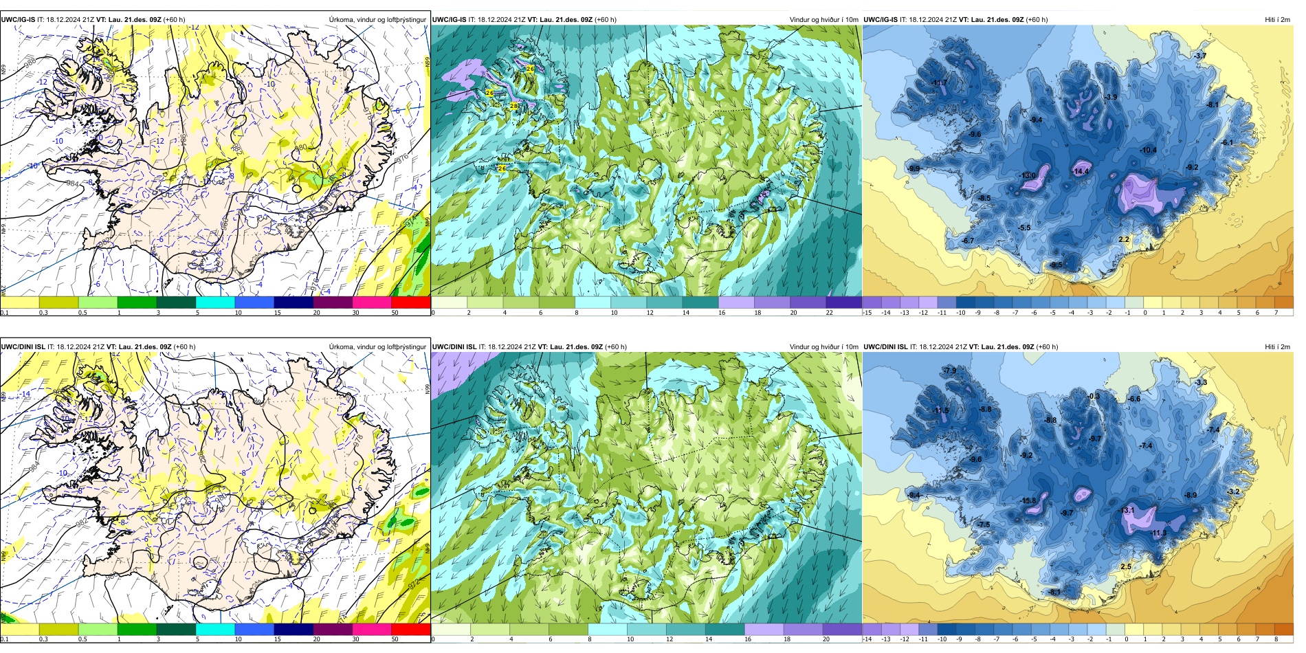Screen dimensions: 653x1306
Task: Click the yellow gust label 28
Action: coord(513,106)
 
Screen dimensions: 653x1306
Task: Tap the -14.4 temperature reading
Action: coord(1081,171)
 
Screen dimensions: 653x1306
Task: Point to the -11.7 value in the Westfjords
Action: coord(940,83)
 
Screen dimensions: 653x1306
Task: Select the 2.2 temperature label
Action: coord(1124,240)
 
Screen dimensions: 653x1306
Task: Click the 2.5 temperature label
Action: coord(1126,567)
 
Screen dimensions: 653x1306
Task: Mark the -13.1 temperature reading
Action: coord(1127,511)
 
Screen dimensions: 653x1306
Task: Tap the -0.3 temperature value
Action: coord(1094,397)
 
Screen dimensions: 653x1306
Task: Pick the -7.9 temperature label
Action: coord(950,371)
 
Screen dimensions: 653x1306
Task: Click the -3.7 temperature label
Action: coord(1200,56)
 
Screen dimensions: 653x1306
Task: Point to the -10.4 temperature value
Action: coord(1148,151)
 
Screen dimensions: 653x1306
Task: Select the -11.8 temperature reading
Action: coord(1028,501)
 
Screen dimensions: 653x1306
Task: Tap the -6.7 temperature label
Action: coord(968,241)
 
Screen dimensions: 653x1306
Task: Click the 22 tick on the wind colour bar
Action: coord(829,313)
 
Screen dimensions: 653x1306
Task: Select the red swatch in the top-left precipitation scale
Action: coord(410,302)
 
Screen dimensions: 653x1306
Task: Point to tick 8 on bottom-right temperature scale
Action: coord(1276,639)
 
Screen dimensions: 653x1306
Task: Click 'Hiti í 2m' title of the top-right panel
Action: coord(1277,20)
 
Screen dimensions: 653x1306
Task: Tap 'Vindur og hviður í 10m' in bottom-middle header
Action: coord(823,347)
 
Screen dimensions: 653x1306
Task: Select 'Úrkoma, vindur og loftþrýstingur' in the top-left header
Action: coord(377,20)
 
